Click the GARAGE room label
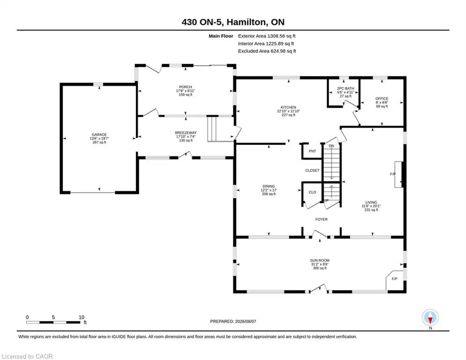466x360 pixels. pos(99,135)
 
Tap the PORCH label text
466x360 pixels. pos(185,87)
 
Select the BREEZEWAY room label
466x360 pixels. pos(186,133)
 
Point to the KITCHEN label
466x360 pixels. pos(288,107)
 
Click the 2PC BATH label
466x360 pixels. pos(345,89)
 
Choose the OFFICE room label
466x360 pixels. pos(382,98)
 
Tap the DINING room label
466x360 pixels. pos(269,186)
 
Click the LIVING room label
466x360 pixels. pos(371,202)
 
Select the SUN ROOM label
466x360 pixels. pos(320,260)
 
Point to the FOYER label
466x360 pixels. pos(321,219)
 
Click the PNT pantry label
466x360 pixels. pos(312,151)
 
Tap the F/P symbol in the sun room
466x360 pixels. pos(394,279)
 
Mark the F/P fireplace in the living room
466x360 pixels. pos(393,174)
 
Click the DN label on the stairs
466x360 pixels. pos(332,146)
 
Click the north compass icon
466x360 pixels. pos(430,318)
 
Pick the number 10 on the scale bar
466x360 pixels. pos(81,317)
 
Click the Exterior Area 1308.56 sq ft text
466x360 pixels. pos(266,36)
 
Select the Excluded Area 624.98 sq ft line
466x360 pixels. pos(267,51)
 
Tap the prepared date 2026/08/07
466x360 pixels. pos(245,321)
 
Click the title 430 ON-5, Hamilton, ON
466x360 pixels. pos(233,22)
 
